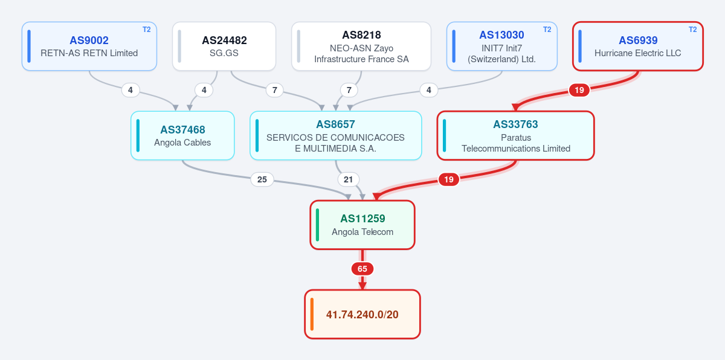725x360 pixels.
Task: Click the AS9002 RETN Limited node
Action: (89, 47)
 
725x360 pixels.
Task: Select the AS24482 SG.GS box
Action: (224, 47)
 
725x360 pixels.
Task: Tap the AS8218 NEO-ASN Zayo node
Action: (361, 47)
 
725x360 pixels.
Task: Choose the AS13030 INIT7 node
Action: (501, 47)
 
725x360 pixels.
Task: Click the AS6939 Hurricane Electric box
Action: (637, 47)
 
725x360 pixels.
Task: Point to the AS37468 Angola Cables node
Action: (182, 135)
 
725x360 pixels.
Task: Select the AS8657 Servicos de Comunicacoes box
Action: (336, 135)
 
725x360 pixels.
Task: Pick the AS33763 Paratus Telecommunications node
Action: (515, 135)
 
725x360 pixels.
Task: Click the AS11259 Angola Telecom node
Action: (362, 225)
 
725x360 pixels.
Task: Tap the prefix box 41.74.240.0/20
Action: (362, 314)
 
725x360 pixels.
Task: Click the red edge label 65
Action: (362, 269)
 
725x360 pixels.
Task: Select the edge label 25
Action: (262, 179)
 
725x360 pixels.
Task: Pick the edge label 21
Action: (348, 179)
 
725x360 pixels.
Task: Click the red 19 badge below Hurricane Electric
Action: (579, 90)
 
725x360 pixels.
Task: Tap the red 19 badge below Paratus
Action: (448, 179)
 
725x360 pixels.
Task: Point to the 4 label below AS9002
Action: (130, 90)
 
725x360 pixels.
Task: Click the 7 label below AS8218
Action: (349, 90)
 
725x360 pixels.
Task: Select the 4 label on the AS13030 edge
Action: (429, 90)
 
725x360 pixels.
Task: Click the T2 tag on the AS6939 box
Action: (692, 30)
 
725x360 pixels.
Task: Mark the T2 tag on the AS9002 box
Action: (147, 30)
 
